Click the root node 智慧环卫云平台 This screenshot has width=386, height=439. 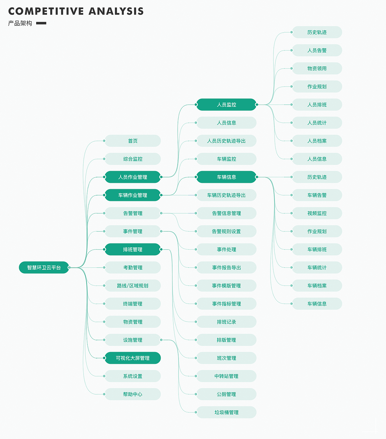(x=44, y=267)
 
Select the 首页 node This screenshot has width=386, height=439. (x=133, y=141)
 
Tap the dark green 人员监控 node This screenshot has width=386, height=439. (x=226, y=105)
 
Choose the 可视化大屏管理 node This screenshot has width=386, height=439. (x=133, y=358)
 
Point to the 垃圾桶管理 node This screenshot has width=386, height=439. (x=226, y=412)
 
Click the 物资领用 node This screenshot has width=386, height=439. (x=317, y=68)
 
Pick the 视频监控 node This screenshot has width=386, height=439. (x=317, y=213)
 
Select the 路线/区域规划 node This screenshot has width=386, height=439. (x=133, y=286)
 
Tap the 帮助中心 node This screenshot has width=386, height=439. (x=133, y=394)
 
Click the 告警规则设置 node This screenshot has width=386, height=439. (x=226, y=231)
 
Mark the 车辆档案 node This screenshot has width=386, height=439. (x=317, y=286)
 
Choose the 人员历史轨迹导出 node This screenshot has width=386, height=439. (x=226, y=141)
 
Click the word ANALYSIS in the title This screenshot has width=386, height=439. (x=116, y=11)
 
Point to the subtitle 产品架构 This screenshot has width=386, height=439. (x=20, y=23)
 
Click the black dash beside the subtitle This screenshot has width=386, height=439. (x=41, y=23)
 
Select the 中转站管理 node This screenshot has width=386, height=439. (x=226, y=376)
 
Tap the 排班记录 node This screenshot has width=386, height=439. (x=226, y=322)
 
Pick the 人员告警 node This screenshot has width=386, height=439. (x=317, y=50)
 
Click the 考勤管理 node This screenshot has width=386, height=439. (x=133, y=267)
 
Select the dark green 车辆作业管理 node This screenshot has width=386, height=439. (x=133, y=195)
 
